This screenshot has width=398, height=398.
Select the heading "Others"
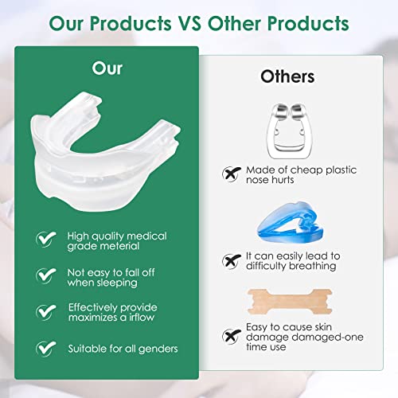pyautogui.click(x=287, y=77)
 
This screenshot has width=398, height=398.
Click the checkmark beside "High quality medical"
pyautogui.click(x=45, y=237)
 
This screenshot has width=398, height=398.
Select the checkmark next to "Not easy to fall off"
pyautogui.click(x=45, y=275)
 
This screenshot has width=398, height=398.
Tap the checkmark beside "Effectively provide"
pyautogui.click(x=45, y=311)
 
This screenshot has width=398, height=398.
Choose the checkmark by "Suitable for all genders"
pyautogui.click(x=45, y=347)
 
